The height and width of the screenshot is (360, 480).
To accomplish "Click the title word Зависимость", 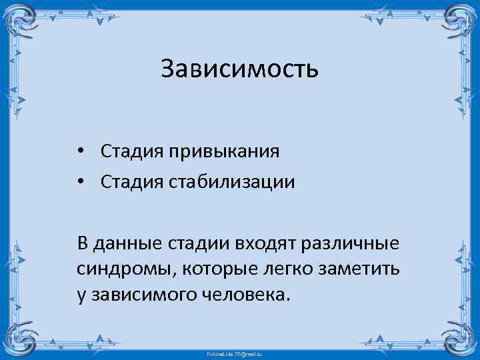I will pos(240,69).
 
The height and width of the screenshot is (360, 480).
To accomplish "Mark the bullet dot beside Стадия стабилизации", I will pos(80,182).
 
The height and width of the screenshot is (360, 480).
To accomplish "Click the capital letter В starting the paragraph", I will pos(82,244).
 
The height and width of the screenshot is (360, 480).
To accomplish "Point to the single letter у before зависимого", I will pos(81,295).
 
